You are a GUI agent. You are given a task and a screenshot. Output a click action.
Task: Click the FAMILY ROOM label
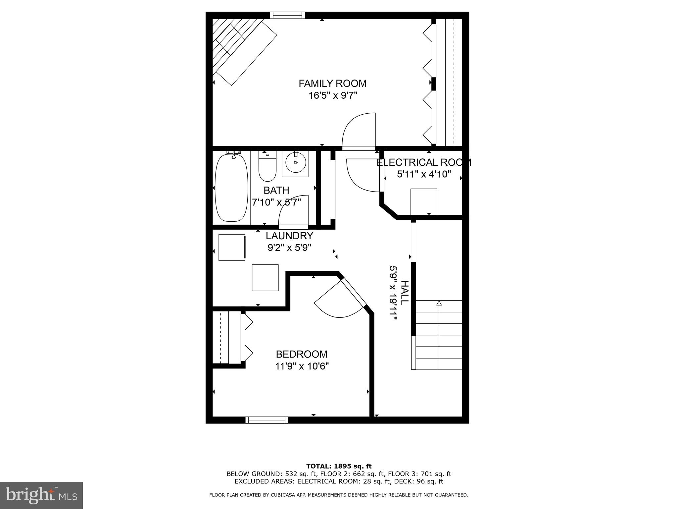click(332, 83)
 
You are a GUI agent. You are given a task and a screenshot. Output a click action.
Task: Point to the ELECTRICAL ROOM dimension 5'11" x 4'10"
click(424, 174)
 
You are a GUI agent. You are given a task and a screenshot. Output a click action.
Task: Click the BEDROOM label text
click(302, 354)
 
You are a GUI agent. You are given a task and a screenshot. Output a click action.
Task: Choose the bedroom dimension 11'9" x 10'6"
click(302, 366)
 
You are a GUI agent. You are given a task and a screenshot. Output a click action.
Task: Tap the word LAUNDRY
click(289, 236)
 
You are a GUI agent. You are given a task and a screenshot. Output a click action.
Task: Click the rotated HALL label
click(405, 293)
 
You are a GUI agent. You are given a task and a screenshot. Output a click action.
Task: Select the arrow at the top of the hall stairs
click(439, 303)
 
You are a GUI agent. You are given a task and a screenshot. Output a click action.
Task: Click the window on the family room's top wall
click(287, 15)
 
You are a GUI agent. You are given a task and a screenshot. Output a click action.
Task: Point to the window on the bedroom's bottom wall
click(266, 420)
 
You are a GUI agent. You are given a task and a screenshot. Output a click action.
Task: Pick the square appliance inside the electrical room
click(423, 201)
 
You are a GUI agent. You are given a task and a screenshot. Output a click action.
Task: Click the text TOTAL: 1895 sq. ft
click(339, 467)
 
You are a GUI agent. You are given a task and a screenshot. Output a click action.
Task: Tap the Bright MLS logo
click(41, 495)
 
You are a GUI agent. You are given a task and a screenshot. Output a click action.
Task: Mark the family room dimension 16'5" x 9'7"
click(332, 96)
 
